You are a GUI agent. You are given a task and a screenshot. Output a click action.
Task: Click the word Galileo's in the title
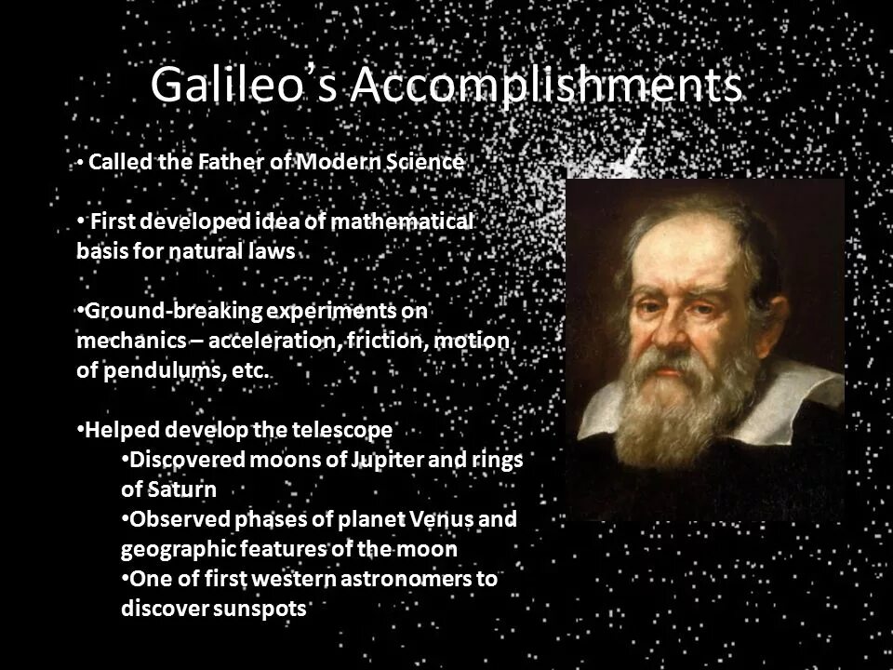245,87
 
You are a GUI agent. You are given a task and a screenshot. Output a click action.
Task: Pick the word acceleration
272,340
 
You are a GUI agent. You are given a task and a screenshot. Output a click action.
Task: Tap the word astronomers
397,579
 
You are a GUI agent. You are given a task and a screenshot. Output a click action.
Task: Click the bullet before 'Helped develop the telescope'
80,430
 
